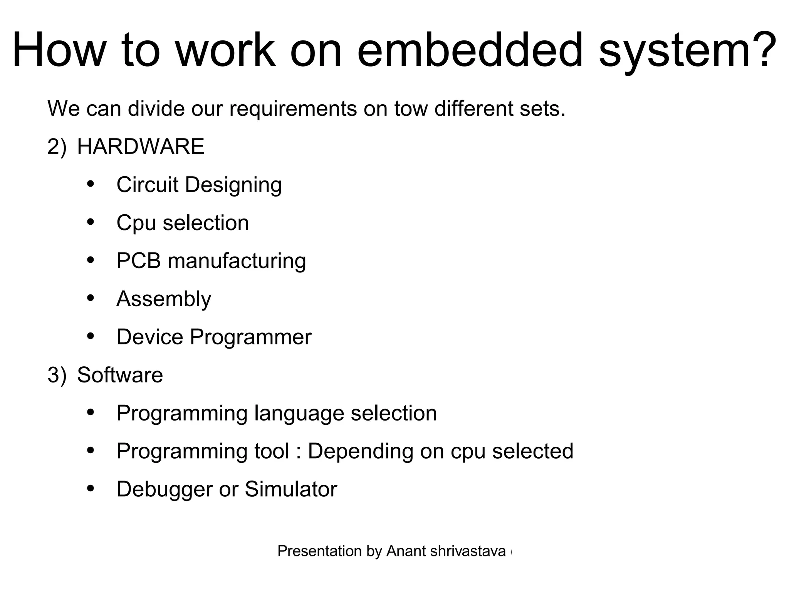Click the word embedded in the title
coord(470,50)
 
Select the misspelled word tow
coord(411,109)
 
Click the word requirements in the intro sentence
coord(293,110)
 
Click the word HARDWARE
coord(141,147)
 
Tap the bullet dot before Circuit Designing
coord(91,184)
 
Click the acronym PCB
coord(138,260)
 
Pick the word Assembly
coord(164,299)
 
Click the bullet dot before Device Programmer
coord(91,336)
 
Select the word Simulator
coord(291,489)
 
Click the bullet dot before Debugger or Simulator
coord(91,489)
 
